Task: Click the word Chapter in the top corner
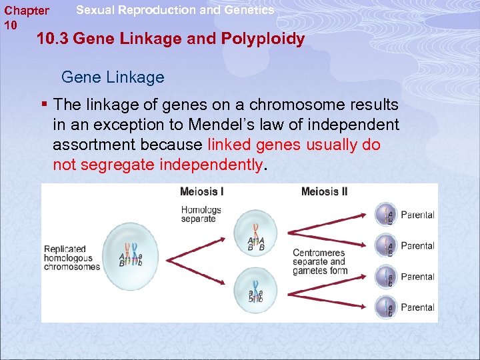click(x=27, y=11)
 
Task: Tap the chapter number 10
click(x=11, y=25)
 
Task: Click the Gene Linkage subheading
click(x=112, y=77)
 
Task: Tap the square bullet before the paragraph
click(x=44, y=105)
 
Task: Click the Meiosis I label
click(x=202, y=192)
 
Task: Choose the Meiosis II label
click(x=324, y=192)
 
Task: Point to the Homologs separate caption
click(x=200, y=214)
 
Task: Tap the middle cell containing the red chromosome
click(x=255, y=234)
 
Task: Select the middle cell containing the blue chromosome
click(x=255, y=287)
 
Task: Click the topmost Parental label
click(x=417, y=215)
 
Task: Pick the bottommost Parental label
click(x=417, y=307)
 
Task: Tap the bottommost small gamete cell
click(x=385, y=307)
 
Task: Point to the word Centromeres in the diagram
click(x=319, y=253)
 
